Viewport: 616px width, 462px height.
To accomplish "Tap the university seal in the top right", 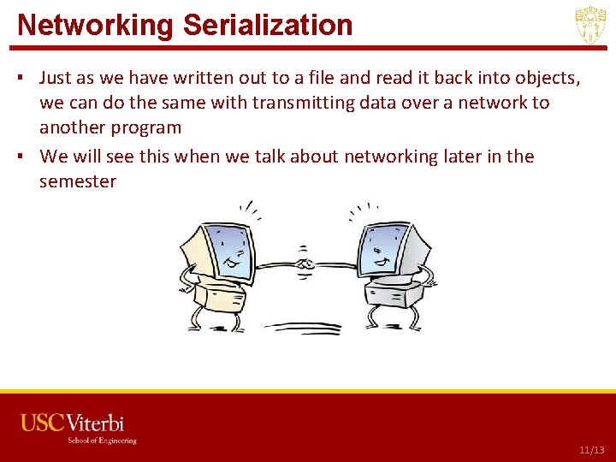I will point(590,25).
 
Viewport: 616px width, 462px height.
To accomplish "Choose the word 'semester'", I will point(77,181).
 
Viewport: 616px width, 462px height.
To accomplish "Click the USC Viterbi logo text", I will point(73,423).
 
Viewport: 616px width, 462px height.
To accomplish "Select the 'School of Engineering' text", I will point(102,441).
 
